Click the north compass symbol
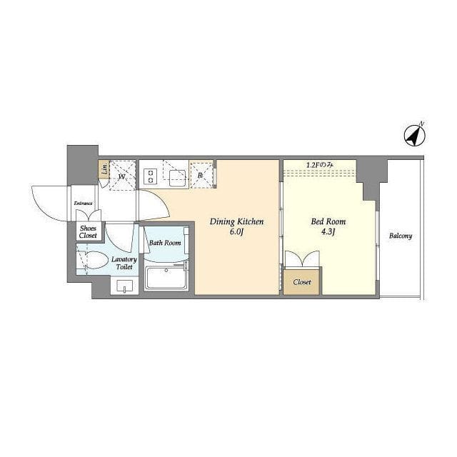click(414, 135)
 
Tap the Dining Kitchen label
click(236, 222)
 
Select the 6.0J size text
click(236, 232)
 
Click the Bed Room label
click(328, 221)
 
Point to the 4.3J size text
click(328, 232)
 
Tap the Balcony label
click(401, 236)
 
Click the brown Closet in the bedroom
click(302, 282)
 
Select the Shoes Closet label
click(88, 232)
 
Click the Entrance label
click(83, 203)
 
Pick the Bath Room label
click(165, 243)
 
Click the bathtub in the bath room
click(166, 278)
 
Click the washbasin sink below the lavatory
click(124, 286)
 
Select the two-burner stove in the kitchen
click(151, 176)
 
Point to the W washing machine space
click(122, 176)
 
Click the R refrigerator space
click(201, 176)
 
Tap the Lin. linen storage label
click(104, 169)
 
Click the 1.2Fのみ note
click(319, 165)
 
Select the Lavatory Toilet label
click(124, 263)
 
